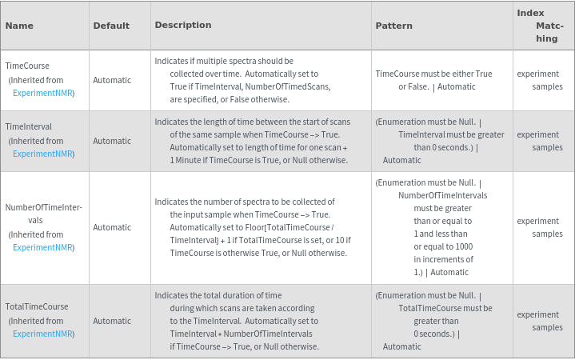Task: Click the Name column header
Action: (19, 26)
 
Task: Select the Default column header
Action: (111, 26)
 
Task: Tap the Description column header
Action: (182, 26)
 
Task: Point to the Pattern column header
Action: (393, 26)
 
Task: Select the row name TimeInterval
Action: (29, 126)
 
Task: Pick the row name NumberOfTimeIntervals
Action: (43, 214)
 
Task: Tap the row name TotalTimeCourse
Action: (37, 306)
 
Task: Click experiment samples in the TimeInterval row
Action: (539, 141)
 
